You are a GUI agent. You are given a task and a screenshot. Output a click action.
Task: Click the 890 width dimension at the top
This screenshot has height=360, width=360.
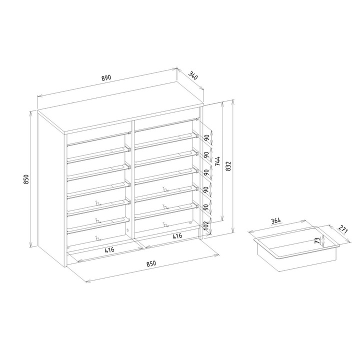pos(106,77)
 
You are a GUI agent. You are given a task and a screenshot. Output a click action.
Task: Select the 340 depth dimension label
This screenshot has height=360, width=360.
pos(193,75)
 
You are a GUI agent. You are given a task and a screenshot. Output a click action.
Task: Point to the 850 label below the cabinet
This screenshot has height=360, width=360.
pos(151,263)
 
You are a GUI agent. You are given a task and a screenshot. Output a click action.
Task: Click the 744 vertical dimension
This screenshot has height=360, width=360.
pos(217,161)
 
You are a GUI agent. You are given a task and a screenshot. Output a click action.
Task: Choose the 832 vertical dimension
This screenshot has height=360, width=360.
pos(228,166)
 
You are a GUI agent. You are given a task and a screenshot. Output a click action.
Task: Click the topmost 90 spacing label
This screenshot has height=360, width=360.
pos(206,138)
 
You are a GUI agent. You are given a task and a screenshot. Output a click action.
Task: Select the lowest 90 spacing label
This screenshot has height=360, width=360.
pos(206,207)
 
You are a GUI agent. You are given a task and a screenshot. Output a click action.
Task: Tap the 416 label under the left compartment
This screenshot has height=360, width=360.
pos(109,250)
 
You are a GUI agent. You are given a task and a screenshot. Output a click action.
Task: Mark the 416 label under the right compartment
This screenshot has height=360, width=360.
pos(177,236)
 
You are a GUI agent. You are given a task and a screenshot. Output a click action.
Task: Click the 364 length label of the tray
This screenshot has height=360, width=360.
pos(275,221)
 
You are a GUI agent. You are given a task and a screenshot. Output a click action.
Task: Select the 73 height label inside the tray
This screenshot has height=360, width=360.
pos(317,240)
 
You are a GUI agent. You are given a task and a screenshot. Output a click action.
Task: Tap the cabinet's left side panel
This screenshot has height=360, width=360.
pos(51,188)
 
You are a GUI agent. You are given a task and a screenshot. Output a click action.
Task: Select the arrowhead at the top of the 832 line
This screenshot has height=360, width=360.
pos(233,101)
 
